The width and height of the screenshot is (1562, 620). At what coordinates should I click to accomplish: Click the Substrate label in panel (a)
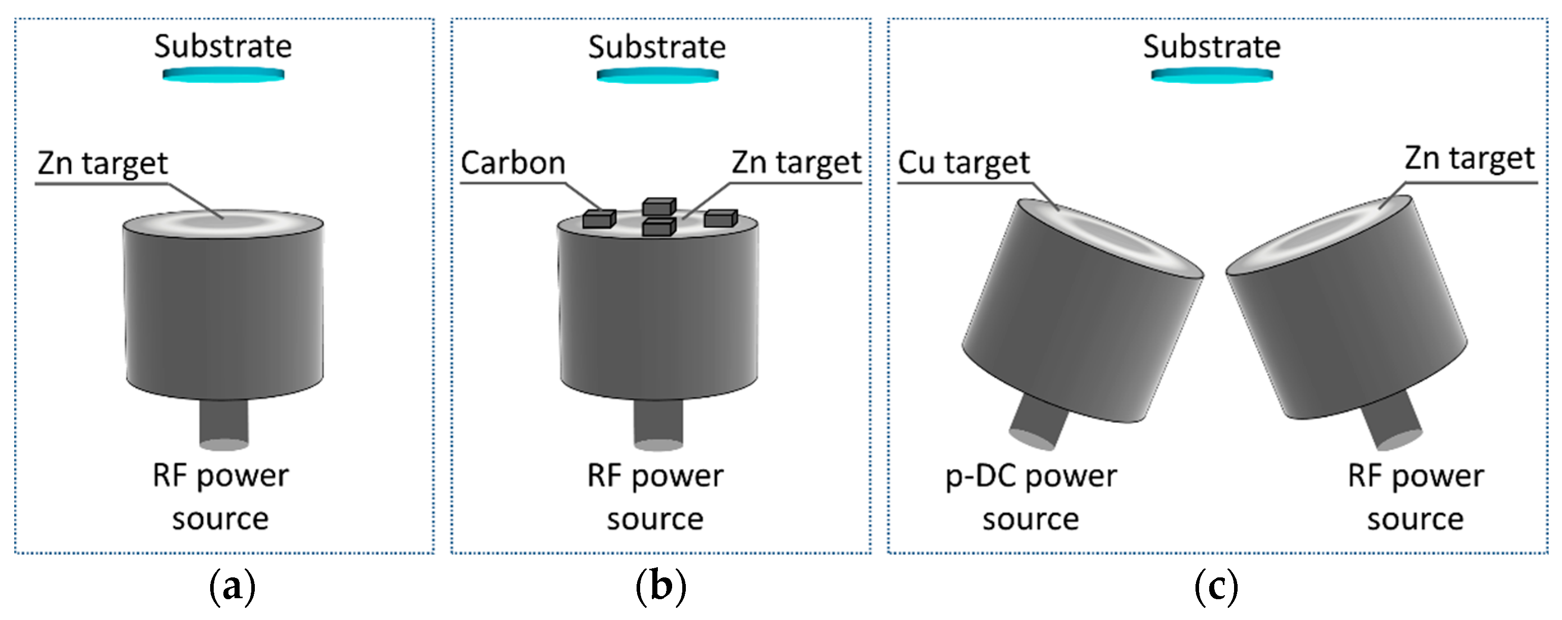pos(222,47)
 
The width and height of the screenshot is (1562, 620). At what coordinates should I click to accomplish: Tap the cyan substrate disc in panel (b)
pos(657,76)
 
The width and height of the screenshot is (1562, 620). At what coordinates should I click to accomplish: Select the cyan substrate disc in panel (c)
pos(1212,75)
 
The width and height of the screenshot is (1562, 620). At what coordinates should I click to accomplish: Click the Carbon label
pos(513,163)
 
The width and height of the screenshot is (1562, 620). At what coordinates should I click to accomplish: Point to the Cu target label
pos(963,163)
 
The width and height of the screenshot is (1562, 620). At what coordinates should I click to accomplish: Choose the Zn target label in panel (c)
pos(1469,159)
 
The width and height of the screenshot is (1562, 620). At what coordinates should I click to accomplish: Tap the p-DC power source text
pos(1031,497)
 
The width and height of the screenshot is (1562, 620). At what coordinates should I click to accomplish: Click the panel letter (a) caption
pos(231,587)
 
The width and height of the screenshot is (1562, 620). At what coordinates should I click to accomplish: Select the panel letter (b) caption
pos(660,587)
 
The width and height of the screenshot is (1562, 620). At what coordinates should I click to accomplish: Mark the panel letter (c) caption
pos(1216,587)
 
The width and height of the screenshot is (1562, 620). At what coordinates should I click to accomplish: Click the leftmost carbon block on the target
pos(599,219)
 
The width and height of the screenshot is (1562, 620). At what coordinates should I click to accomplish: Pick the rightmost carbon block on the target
pos(720,218)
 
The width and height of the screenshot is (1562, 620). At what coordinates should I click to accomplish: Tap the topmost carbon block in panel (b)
pos(659,206)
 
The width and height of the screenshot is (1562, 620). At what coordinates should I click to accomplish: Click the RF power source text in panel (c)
pos(1415,497)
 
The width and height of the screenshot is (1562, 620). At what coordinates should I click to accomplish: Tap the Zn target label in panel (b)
pos(795,162)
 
